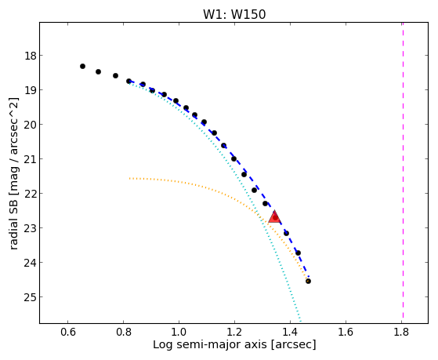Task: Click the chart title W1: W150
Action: [x=234, y=14]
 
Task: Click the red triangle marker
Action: [x=274, y=216]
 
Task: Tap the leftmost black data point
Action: [x=82, y=67]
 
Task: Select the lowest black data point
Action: [x=308, y=281]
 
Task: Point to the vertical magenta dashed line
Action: [x=403, y=170]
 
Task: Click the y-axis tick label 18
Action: [x=31, y=56]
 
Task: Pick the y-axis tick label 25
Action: [x=31, y=297]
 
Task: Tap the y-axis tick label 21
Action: [x=31, y=159]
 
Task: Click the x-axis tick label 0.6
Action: [x=67, y=332]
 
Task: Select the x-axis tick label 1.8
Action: [x=401, y=332]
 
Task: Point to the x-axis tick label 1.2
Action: [x=234, y=332]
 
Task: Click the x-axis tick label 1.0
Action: [x=179, y=332]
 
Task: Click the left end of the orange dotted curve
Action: [x=129, y=178]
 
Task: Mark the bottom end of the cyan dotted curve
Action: [x=301, y=321]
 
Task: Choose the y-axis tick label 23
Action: [x=31, y=228]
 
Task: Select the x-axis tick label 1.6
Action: [x=346, y=332]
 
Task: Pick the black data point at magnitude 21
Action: [x=233, y=159]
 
